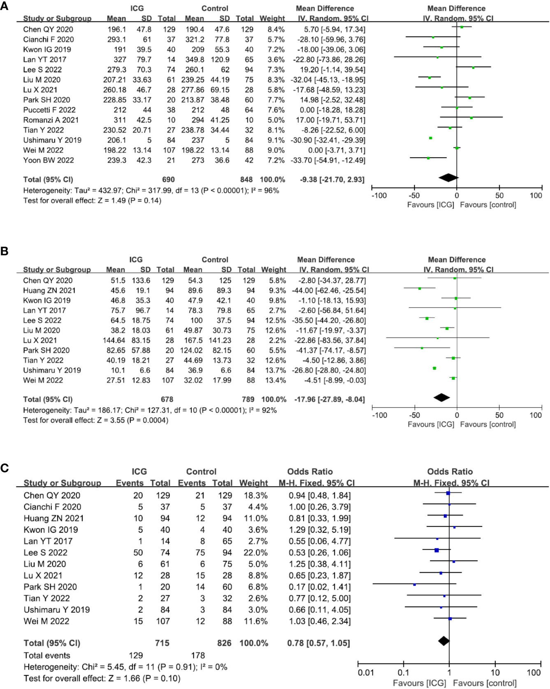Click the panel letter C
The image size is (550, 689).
(x=5, y=468)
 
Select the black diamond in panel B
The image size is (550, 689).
(x=442, y=398)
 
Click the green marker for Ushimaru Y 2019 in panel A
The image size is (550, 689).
(x=430, y=138)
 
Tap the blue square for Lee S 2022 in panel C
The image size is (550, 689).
(x=436, y=550)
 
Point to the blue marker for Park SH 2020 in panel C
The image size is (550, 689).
(x=414, y=584)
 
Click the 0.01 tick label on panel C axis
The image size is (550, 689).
(x=366, y=673)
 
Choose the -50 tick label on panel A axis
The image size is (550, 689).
(x=414, y=196)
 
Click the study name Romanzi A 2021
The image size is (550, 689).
(x=51, y=120)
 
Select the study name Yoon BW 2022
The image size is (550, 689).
(x=49, y=160)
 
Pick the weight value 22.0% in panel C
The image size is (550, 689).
(x=255, y=552)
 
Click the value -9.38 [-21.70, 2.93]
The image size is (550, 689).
(x=332, y=179)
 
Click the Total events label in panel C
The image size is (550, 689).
(x=47, y=655)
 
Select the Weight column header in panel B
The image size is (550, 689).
(x=274, y=270)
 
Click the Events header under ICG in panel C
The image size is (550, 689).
(x=130, y=483)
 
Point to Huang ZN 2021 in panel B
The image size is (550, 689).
(x=49, y=290)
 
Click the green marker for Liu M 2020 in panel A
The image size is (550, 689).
(x=429, y=77)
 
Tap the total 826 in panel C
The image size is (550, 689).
(x=224, y=643)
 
